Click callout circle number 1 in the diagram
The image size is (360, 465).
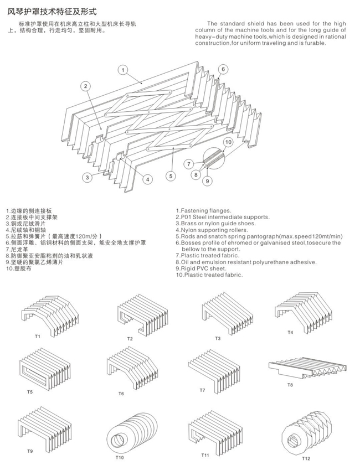click(123, 70)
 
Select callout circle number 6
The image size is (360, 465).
click(223, 69)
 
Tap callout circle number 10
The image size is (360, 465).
click(228, 142)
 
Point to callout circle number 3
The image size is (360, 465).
click(88, 178)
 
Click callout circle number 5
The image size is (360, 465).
click(171, 176)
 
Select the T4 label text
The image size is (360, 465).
click(290, 333)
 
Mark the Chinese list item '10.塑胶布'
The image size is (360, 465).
click(18, 268)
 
